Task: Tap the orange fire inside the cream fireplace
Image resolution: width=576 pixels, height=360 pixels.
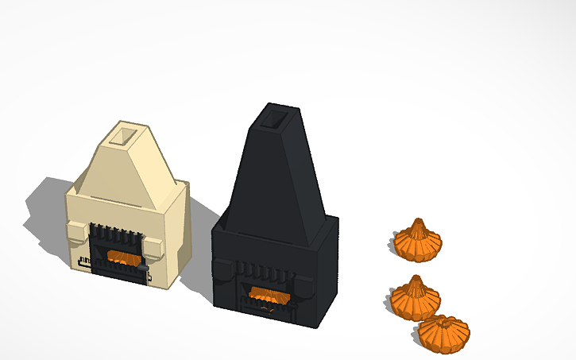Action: [x=121, y=257]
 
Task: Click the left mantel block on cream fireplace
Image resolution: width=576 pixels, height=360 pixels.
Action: [x=75, y=231]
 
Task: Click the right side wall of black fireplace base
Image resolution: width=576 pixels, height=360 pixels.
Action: [x=329, y=270]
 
